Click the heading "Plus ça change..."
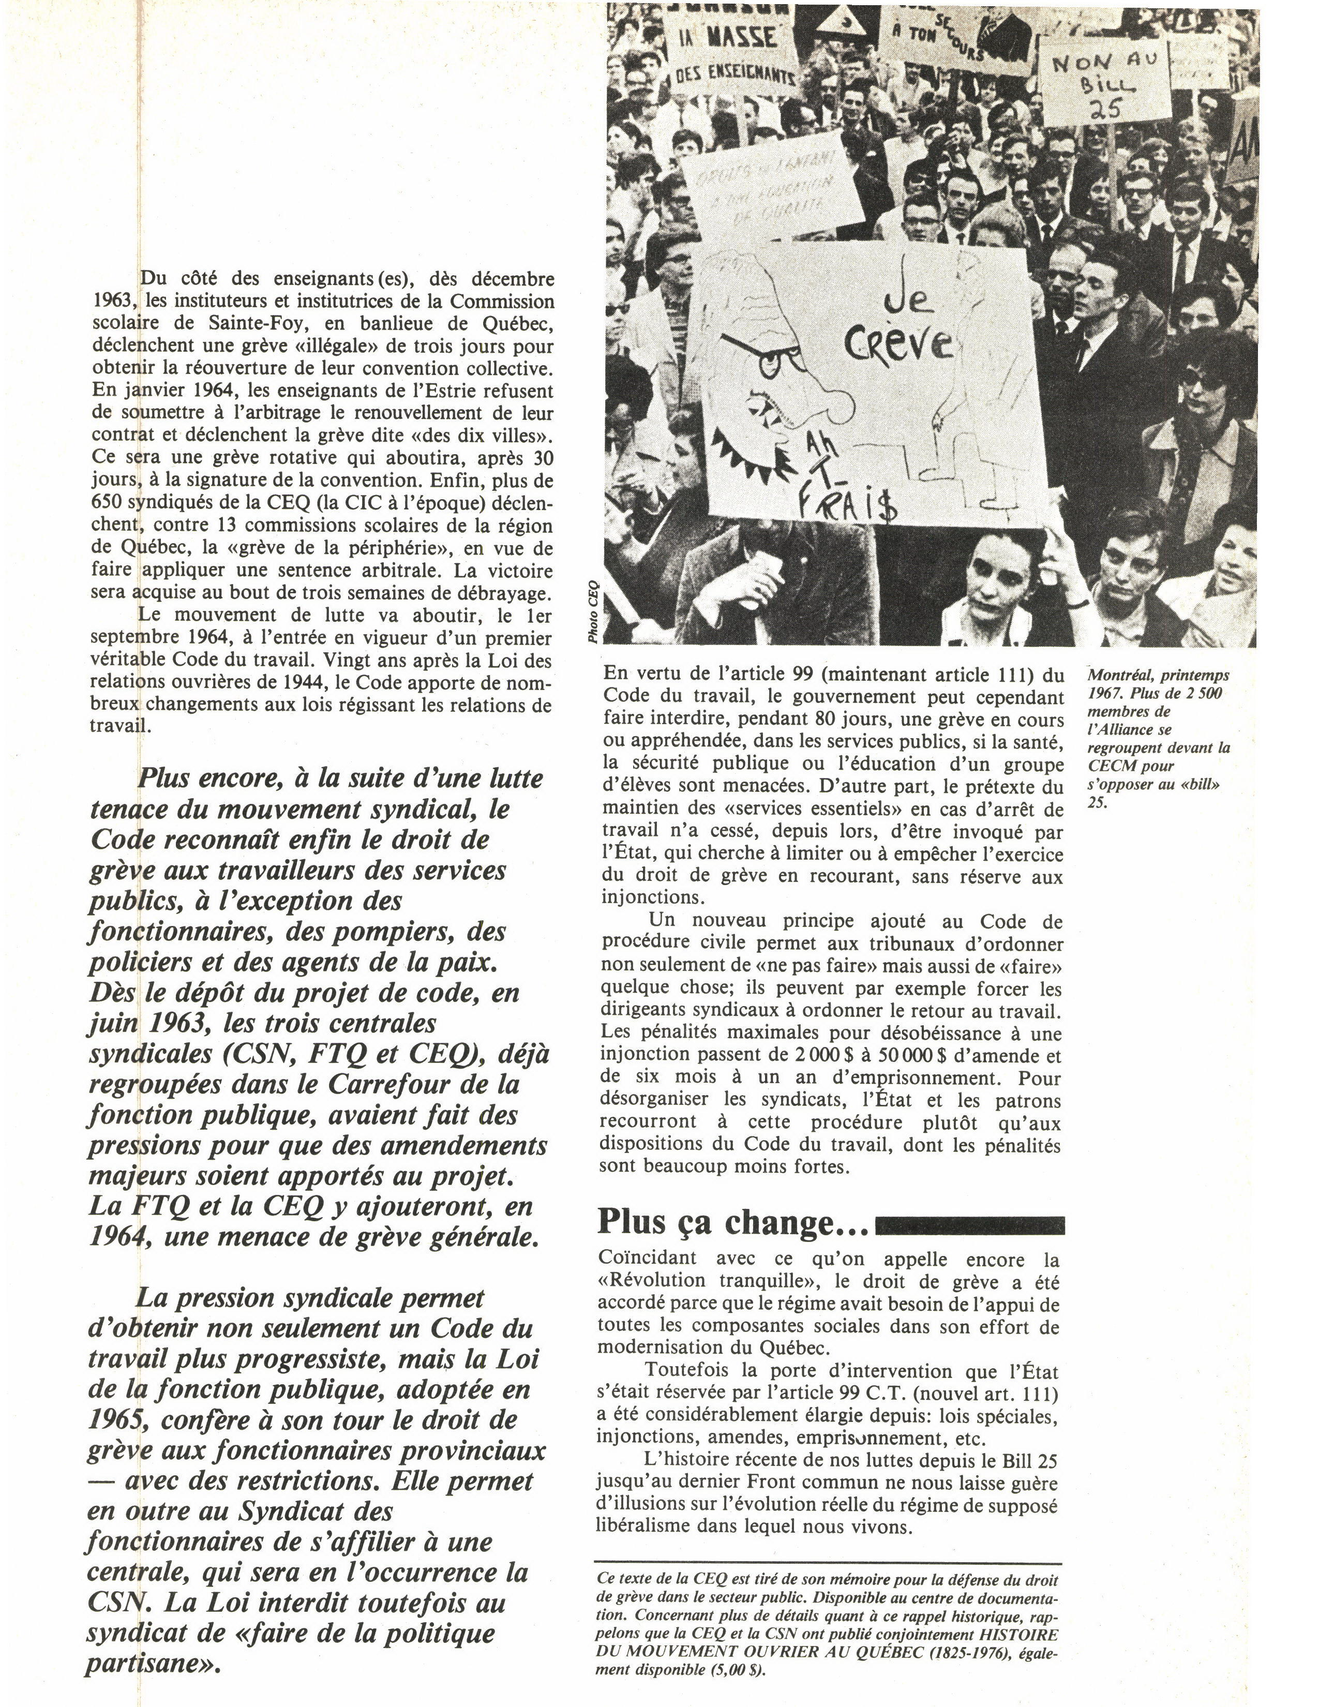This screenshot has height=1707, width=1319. tap(733, 1222)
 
